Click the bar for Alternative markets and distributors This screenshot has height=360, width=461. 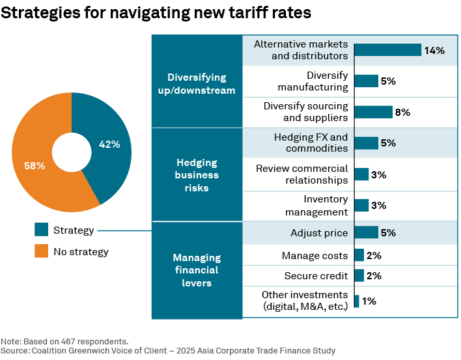388,50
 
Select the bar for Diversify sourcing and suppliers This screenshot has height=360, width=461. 373,112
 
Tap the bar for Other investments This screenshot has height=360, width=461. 356,301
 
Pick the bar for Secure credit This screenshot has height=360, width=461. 359,275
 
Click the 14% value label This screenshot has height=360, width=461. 434,50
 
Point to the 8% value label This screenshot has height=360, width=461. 402,112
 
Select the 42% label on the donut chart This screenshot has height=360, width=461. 109,145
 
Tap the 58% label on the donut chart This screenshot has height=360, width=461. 35,165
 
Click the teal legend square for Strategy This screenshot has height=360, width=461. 42,230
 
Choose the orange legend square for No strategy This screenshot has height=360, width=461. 42,251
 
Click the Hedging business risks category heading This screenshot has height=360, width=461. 197,175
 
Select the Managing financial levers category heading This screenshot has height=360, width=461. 197,270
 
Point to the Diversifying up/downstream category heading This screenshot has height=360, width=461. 197,83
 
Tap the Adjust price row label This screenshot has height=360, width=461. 319,232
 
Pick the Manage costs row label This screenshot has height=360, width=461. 314,256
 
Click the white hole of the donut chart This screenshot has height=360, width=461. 72,152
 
